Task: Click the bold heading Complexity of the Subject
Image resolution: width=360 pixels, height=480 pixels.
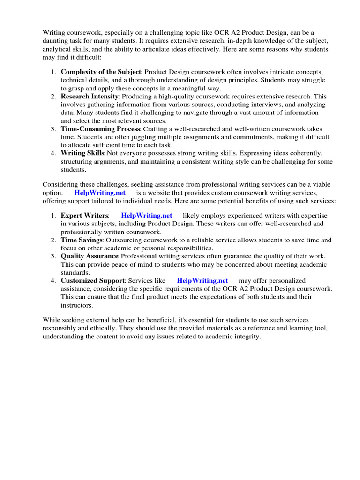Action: click(x=101, y=72)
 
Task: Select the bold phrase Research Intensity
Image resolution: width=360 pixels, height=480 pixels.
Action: click(x=90, y=96)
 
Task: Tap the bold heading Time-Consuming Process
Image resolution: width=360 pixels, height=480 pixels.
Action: click(x=100, y=129)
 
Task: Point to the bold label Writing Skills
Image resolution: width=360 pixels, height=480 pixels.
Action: click(x=82, y=153)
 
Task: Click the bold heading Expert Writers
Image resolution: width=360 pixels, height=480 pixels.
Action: click(x=84, y=215)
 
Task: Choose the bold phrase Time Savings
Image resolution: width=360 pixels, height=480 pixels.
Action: click(x=81, y=240)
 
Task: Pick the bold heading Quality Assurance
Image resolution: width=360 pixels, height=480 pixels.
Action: click(x=89, y=256)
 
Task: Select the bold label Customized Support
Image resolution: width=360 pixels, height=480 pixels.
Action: click(x=92, y=281)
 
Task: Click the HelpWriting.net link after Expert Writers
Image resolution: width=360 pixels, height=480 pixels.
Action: click(x=146, y=215)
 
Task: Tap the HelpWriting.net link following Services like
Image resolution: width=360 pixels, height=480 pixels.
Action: click(x=202, y=281)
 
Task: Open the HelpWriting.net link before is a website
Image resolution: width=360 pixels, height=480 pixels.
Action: click(x=100, y=193)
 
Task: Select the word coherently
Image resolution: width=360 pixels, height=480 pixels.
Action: click(x=305, y=153)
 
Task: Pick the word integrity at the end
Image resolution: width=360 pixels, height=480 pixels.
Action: click(x=245, y=337)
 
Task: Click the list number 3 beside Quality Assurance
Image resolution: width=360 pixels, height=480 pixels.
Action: click(x=53, y=256)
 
